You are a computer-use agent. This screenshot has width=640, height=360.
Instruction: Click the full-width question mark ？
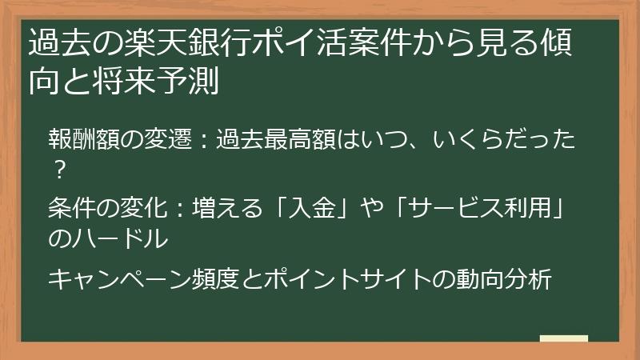[x=58, y=169]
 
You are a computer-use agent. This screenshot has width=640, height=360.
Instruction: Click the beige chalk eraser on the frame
[x=563, y=338]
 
